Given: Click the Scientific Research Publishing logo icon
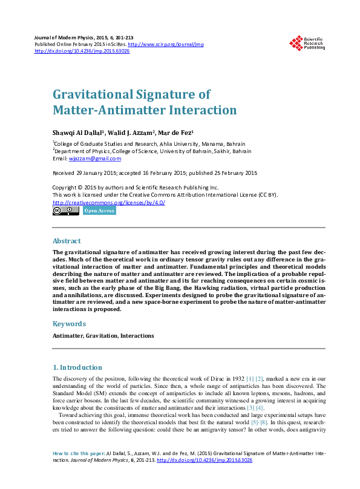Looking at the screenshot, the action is pos(296,42).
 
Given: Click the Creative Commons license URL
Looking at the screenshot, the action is pos(109,202).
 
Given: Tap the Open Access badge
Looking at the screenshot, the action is pos(99,211).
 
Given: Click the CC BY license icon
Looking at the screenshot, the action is pos(65,211).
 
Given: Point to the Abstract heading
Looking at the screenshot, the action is pos(67,241).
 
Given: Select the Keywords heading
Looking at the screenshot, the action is pos(69,324).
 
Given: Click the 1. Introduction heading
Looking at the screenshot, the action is pos(77,367).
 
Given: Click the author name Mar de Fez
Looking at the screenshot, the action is pos(178,133).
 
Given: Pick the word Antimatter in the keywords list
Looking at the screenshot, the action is pos(67,335).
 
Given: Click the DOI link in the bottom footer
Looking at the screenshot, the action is pos(205,461).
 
